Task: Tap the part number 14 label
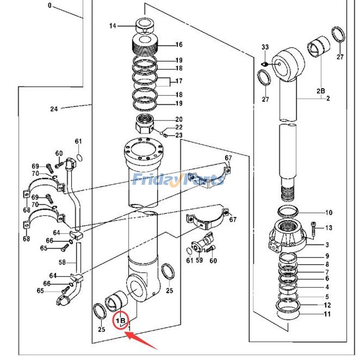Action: [x=112, y=26]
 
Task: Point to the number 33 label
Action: [x=265, y=47]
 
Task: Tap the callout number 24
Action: [x=54, y=108]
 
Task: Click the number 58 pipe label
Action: [x=62, y=261]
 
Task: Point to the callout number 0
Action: [x=49, y=6]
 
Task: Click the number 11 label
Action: [x=327, y=314]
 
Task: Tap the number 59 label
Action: [x=198, y=261]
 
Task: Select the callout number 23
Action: [x=179, y=135]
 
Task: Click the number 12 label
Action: [x=327, y=306]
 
